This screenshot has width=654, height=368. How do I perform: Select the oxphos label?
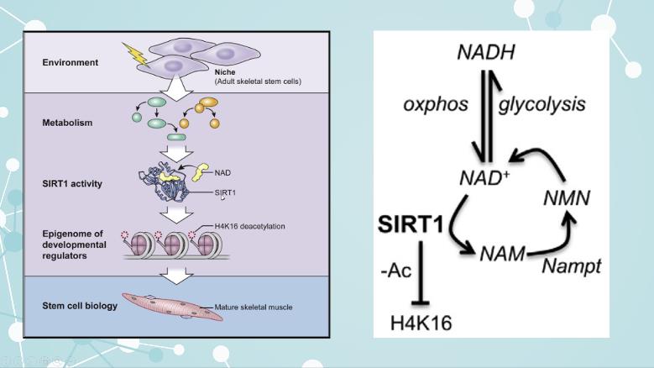[x=436, y=105]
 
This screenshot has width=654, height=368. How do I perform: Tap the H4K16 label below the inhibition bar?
[x=421, y=323]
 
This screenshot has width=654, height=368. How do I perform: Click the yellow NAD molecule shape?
[x=201, y=171]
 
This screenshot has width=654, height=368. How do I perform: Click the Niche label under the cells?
[x=224, y=73]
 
